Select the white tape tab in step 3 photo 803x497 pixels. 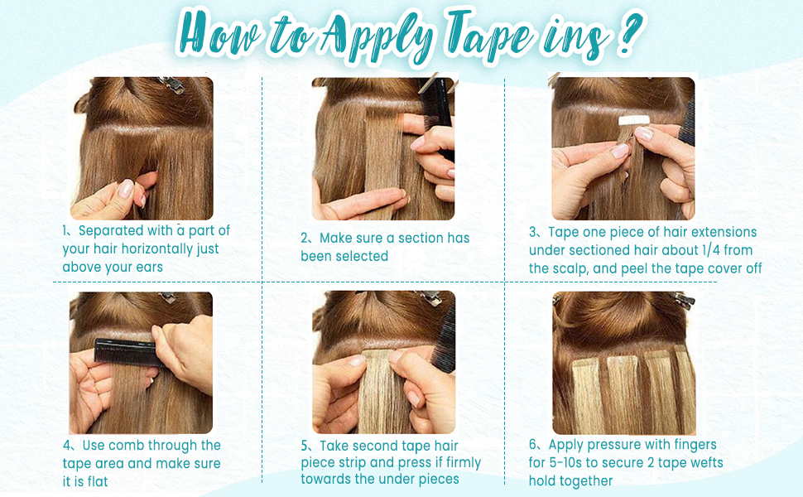click(634, 120)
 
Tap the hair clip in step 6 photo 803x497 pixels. click(683, 299)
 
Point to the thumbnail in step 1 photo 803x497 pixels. click(126, 188)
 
